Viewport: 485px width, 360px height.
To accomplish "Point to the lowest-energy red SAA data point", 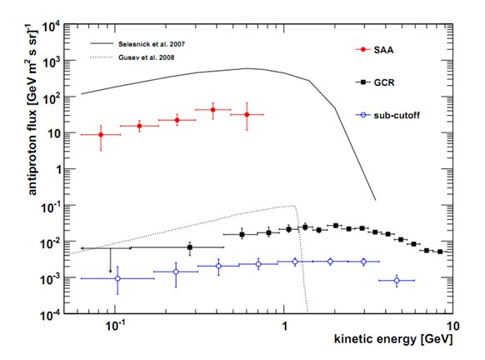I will [x=101, y=134].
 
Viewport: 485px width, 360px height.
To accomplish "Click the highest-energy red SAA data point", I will [x=246, y=115].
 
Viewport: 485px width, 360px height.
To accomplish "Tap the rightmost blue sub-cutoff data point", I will [x=397, y=281].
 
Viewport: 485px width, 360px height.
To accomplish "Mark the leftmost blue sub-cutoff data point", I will [x=117, y=279].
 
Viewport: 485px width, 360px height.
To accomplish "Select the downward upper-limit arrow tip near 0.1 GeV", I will [x=110, y=272].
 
